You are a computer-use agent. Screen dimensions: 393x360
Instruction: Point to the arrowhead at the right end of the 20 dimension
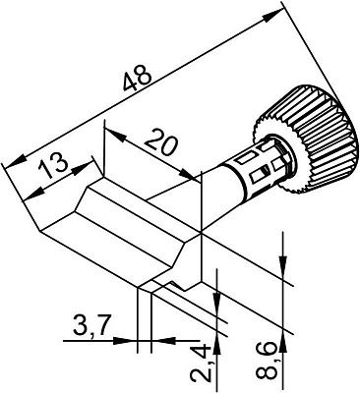(x=196, y=170)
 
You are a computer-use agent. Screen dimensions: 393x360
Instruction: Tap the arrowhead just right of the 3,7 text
(x=131, y=341)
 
